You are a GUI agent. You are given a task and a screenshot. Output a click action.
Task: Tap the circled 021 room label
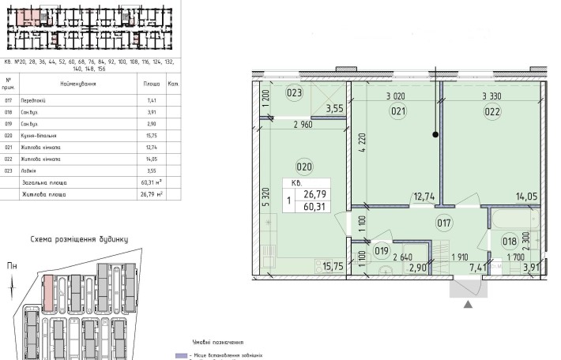click(397, 111)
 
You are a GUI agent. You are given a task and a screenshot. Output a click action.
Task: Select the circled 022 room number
click(491, 111)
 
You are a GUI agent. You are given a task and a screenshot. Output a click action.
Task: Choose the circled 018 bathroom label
click(510, 242)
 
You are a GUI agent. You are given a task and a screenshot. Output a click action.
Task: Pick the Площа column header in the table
click(152, 83)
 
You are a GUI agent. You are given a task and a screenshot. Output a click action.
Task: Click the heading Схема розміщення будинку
click(79, 238)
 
